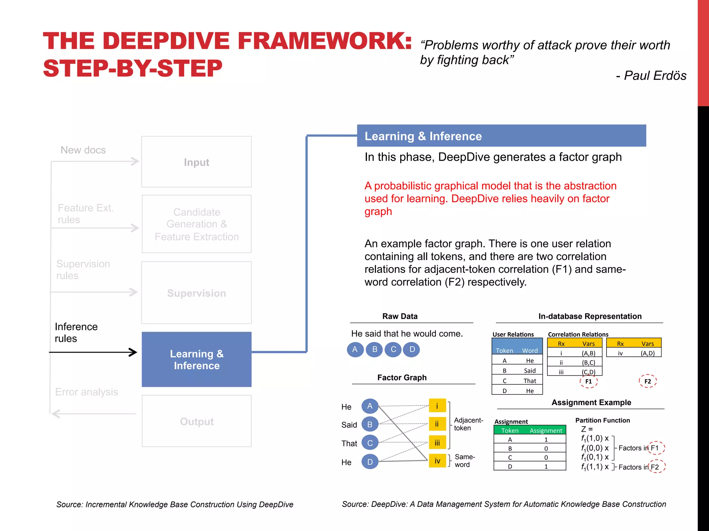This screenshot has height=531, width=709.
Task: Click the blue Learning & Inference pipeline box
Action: tap(196, 359)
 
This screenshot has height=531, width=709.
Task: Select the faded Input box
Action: tap(196, 162)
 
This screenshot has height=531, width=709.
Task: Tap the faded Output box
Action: tap(196, 421)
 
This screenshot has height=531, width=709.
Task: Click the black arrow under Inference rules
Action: tap(93, 352)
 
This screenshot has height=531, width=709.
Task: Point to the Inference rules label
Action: tap(76, 332)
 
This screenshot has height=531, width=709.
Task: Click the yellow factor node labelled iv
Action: tap(437, 461)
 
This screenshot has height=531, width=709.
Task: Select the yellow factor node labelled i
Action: tap(437, 406)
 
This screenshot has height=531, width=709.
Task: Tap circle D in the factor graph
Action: tap(370, 462)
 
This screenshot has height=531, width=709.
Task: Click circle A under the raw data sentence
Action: tap(355, 350)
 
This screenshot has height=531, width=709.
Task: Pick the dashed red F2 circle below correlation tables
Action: tap(647, 381)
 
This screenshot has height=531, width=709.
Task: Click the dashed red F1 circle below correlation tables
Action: tap(589, 381)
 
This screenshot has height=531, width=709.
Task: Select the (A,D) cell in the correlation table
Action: tap(647, 353)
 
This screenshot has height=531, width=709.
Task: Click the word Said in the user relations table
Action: tap(530, 371)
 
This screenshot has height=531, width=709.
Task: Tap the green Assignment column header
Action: tap(546, 430)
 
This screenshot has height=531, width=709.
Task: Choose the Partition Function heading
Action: tap(602, 420)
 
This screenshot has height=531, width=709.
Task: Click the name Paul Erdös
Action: tap(655, 75)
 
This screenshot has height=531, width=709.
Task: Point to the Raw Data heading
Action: tap(400, 316)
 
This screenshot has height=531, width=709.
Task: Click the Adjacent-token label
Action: tap(468, 424)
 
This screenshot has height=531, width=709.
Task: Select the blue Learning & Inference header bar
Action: tap(501, 136)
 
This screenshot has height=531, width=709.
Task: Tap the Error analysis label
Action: tap(87, 392)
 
